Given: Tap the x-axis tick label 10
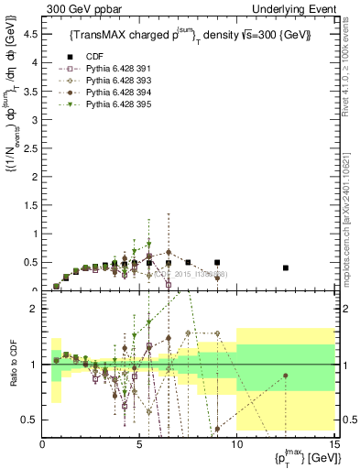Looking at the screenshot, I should click(x=237, y=446).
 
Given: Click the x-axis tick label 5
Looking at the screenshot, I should click(x=140, y=446).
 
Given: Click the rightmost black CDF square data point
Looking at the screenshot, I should click(x=286, y=267).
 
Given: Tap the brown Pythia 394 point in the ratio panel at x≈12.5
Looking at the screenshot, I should click(x=286, y=376).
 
